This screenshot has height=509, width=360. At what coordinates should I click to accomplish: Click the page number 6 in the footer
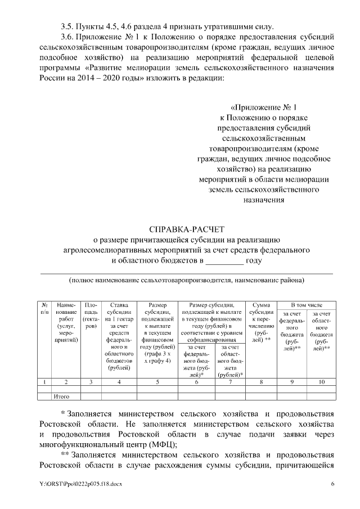[332, 484]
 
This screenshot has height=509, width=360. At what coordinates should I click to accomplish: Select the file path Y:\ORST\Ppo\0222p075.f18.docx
[80, 484]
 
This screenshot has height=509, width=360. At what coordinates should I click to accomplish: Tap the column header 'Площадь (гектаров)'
[91, 315]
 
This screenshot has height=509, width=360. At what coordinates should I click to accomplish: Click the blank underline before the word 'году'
[224, 261]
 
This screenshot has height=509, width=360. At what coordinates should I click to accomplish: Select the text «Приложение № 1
[263, 107]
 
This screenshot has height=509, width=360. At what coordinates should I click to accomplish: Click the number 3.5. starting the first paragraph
[69, 26]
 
